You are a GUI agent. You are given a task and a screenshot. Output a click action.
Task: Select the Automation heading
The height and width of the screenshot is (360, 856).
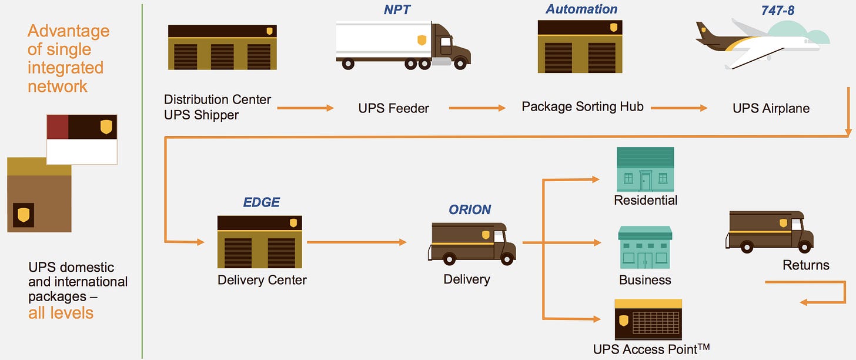tap(581, 9)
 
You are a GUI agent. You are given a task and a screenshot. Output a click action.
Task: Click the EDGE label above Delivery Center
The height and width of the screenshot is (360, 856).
tap(262, 202)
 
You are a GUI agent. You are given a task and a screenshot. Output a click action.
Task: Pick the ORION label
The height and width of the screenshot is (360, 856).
tap(470, 210)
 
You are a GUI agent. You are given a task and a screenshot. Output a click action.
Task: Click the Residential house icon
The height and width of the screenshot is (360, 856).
tap(645, 169)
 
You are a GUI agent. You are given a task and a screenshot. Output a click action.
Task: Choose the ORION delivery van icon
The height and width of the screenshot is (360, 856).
tap(472, 242)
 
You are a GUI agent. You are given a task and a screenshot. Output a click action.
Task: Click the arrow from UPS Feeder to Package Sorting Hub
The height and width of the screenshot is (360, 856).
tap(477, 108)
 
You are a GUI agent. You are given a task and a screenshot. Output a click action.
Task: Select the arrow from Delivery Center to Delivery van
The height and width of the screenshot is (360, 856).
tap(356, 242)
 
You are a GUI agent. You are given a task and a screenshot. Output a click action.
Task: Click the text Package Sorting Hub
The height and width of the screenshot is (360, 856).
tap(583, 107)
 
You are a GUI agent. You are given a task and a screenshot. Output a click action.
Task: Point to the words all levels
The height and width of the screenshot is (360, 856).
tap(61, 312)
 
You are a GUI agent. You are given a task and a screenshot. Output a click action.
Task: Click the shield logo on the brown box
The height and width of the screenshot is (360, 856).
tap(24, 215)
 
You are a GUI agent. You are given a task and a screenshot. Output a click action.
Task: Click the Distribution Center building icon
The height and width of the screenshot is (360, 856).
tap(222, 48)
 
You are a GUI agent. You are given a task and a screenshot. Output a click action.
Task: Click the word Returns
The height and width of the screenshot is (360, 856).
tap(805, 265)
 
